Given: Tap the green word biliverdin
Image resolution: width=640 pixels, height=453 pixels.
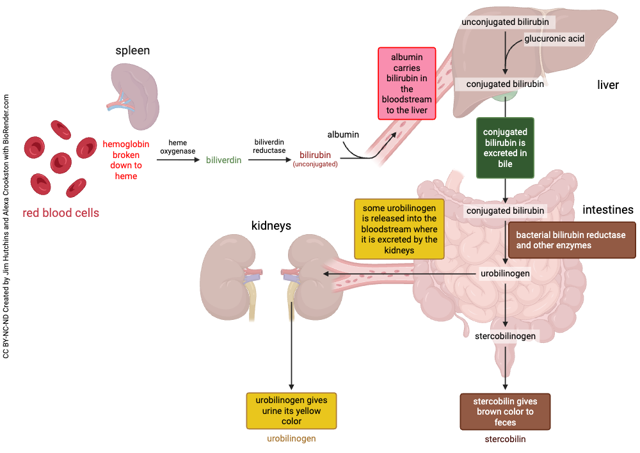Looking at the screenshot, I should click(223, 160).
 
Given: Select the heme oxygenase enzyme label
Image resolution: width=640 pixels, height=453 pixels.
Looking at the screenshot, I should click(173, 146).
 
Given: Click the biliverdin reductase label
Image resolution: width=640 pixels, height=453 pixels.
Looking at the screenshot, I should click(269, 146).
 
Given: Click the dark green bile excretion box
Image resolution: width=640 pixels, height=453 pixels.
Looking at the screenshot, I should click(505, 148).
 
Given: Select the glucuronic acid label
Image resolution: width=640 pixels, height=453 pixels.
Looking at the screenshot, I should click(554, 39).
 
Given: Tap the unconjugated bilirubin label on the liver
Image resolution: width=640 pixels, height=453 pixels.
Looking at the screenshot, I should click(504, 22).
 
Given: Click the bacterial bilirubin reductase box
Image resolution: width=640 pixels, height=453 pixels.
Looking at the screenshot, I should click(571, 240).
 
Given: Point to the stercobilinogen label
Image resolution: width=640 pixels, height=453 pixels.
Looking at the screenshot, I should click(505, 335).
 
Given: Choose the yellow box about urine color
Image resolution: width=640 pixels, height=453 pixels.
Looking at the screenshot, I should click(291, 411).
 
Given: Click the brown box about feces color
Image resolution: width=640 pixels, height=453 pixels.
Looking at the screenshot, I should click(505, 411).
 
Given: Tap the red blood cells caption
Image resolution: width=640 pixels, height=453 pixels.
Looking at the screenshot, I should click(61, 213).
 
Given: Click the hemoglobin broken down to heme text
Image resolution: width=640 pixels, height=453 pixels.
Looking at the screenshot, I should click(126, 160).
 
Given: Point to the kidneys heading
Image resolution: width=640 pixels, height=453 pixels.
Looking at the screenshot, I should click(271, 226).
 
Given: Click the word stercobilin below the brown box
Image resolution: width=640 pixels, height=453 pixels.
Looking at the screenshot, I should click(505, 439).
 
